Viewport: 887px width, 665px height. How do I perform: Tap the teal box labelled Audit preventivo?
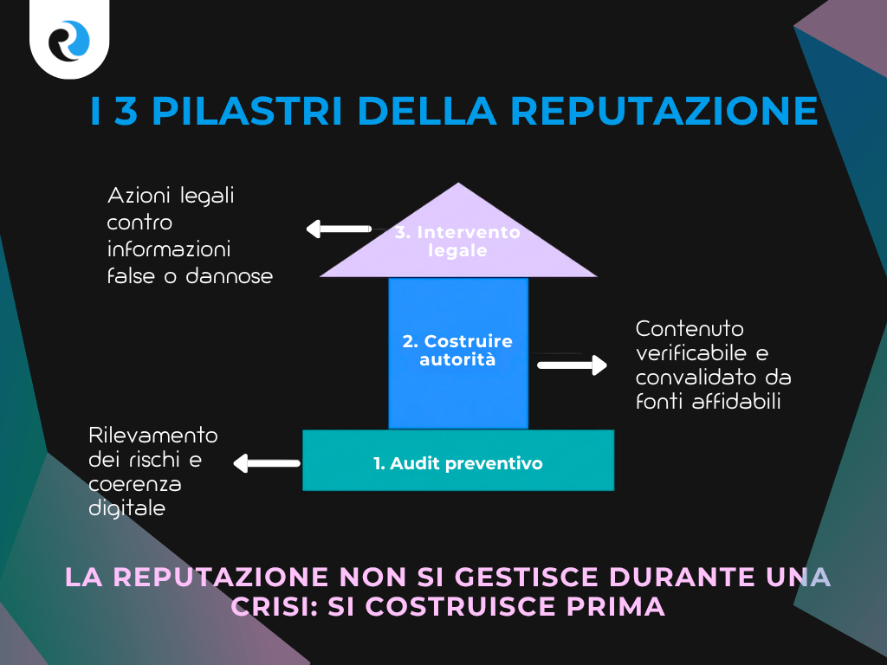tap(457, 463)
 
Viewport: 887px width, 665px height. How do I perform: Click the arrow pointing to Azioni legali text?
tap(338, 229)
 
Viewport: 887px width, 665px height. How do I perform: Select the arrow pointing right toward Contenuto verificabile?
tap(572, 365)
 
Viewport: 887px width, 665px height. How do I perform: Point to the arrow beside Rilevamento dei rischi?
tap(266, 464)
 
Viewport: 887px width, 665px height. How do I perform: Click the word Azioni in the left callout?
tap(139, 196)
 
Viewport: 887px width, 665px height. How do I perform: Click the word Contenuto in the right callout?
tap(690, 329)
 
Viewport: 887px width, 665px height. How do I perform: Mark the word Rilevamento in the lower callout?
tap(153, 434)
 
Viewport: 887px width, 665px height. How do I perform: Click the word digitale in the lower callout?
tap(126, 508)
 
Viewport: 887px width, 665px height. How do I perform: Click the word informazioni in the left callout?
tap(168, 249)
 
